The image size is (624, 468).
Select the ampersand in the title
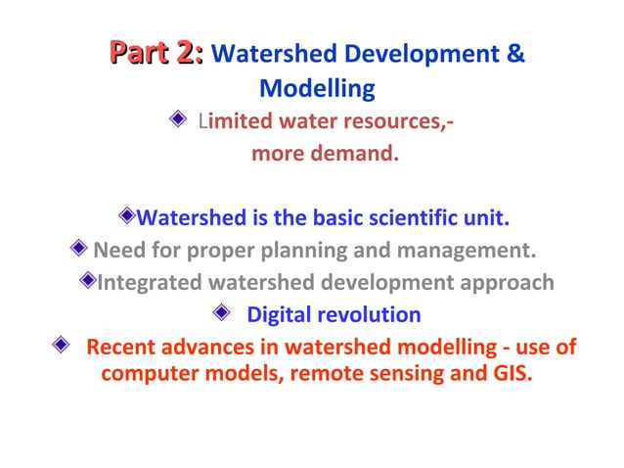point(516,53)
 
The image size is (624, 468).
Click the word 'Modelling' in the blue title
point(317,88)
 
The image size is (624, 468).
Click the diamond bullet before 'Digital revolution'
point(221,314)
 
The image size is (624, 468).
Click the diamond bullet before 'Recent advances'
point(62,347)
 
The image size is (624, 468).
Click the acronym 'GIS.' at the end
point(511,374)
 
